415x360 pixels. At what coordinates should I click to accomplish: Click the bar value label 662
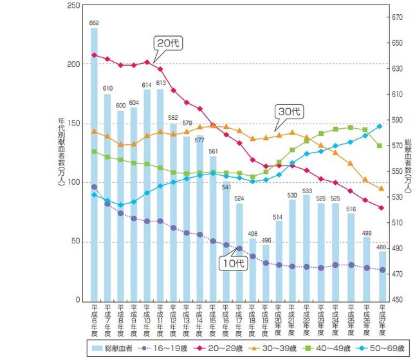pyautogui.click(x=94, y=23)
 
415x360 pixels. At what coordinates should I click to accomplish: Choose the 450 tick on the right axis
pyautogui.click(x=400, y=300)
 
